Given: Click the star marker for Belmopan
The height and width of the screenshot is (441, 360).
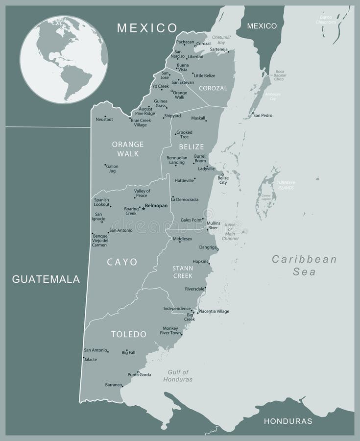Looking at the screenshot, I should tap(143, 208).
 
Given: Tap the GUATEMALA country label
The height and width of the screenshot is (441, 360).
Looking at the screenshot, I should tap(46, 279).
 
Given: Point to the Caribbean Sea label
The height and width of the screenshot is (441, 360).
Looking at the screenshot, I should tap(304, 265).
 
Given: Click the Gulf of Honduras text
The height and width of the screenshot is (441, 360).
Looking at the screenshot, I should tap(180, 376).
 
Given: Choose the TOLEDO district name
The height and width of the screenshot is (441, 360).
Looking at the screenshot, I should tap(129, 334).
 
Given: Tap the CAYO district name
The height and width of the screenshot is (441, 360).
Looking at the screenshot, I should tap(122, 262).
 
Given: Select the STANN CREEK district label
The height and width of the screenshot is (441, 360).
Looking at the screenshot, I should tap(182, 272).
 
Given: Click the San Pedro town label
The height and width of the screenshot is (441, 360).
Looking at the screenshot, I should tap(263, 116).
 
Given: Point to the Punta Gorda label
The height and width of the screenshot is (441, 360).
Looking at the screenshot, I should tap(139, 375).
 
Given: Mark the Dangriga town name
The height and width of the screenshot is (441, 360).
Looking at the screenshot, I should tap(208, 247).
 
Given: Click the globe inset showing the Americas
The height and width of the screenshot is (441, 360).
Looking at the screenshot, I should tap(64, 60).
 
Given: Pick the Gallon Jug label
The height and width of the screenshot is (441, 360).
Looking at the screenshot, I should tap(112, 169).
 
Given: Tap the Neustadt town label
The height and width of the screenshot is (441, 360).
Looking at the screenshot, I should tap(104, 119).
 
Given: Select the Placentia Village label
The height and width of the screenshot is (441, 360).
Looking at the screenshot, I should tap(214, 311).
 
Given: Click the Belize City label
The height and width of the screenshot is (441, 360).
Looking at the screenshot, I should tap(223, 180).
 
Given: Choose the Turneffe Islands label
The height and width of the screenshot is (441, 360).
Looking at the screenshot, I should tap(286, 185).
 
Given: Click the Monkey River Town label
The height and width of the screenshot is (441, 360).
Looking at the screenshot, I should tap(170, 330).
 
